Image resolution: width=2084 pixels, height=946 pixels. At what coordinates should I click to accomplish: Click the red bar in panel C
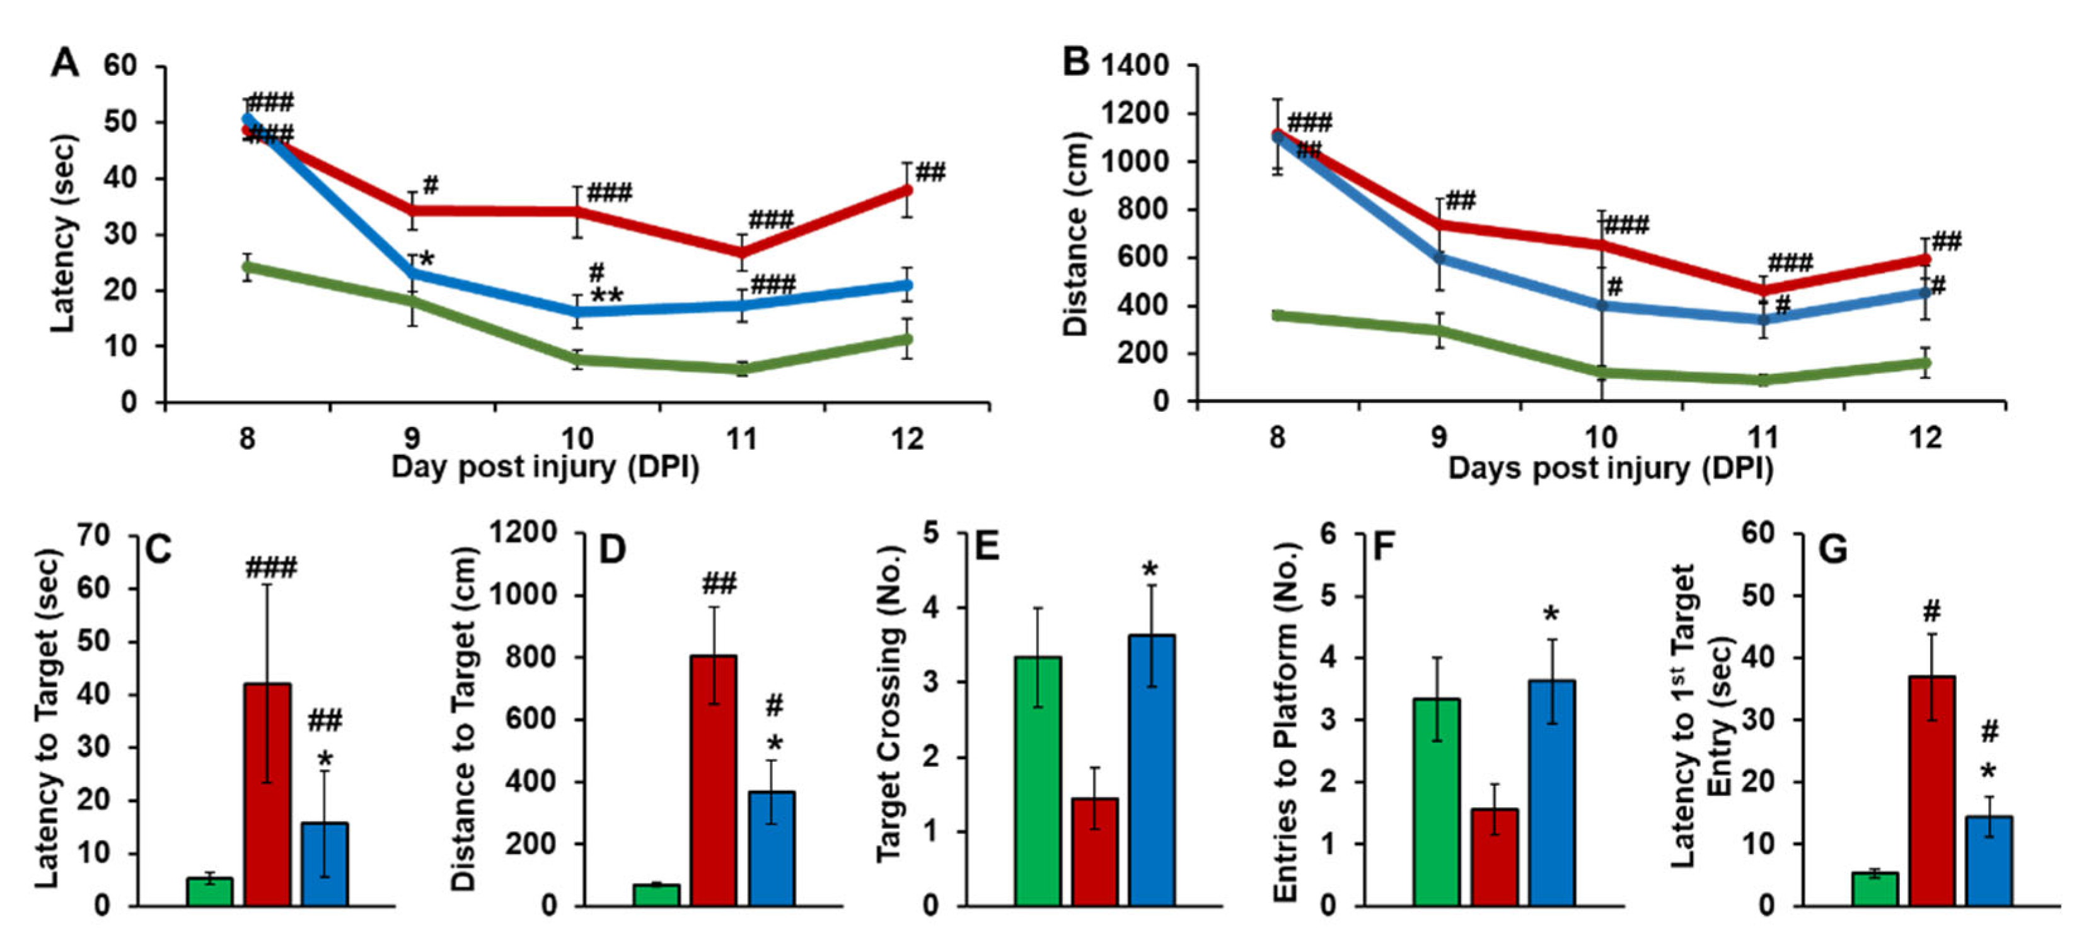[268, 793]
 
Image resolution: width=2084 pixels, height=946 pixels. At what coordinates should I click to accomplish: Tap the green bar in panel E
[1038, 780]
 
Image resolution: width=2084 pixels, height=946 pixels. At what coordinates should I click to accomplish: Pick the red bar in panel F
[1494, 856]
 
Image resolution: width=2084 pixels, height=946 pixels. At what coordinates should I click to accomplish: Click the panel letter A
[66, 63]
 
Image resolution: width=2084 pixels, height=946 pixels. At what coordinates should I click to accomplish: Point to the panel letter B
[1075, 62]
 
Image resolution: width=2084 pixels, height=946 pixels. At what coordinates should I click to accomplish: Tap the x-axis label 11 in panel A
[741, 440]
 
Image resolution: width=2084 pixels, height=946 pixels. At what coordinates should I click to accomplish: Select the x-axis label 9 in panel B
[1439, 438]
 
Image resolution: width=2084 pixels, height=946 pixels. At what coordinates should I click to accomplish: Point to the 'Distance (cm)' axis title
[1075, 233]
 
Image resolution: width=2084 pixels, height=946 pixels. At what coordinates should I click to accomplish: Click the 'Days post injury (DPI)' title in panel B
[1610, 469]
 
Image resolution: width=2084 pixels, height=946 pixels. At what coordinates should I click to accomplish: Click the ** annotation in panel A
[607, 296]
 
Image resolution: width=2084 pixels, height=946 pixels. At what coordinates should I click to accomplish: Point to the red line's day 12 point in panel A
[907, 190]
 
